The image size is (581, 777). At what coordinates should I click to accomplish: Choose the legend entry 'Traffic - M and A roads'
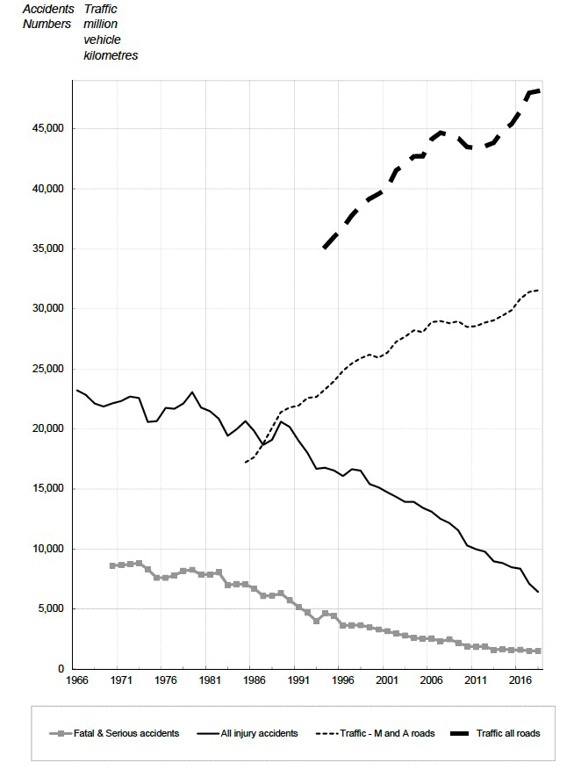click(x=387, y=733)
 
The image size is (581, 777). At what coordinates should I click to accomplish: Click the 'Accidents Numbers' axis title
click(x=47, y=17)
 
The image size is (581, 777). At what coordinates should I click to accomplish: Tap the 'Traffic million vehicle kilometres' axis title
click(x=110, y=32)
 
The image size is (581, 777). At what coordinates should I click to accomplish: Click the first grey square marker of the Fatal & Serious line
click(x=112, y=565)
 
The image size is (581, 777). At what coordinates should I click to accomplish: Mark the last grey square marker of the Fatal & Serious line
click(x=537, y=651)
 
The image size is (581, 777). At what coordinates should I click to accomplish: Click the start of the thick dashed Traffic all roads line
click(x=325, y=248)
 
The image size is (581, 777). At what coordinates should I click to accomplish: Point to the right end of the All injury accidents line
click(x=537, y=592)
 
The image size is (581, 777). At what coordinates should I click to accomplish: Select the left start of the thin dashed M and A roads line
click(x=246, y=462)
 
